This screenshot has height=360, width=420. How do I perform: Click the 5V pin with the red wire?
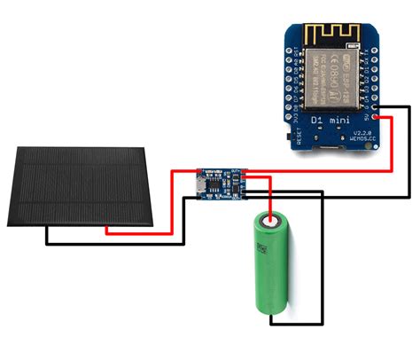pos(377,115)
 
